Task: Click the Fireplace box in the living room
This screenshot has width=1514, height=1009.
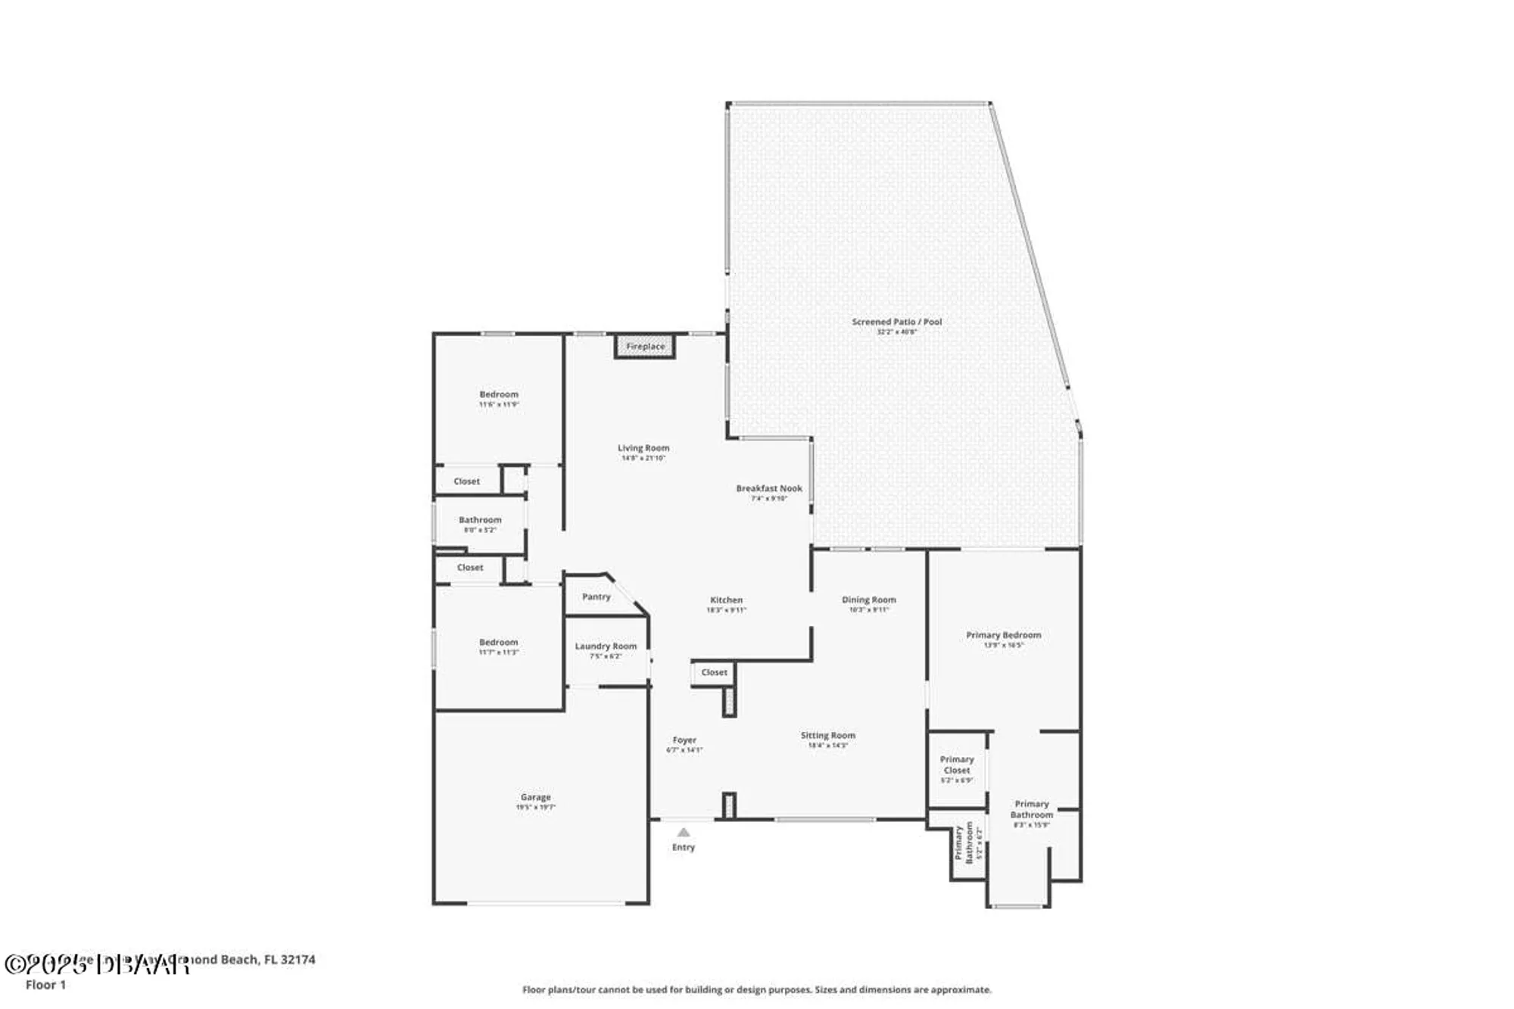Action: (645, 347)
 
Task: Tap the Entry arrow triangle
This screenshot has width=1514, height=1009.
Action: (684, 832)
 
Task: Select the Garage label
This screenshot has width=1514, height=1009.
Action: (535, 797)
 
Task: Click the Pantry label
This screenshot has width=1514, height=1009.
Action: (596, 596)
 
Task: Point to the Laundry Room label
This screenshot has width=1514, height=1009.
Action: (606, 646)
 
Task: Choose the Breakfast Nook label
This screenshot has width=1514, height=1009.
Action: (769, 488)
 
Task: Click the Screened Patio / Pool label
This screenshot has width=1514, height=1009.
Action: (896, 322)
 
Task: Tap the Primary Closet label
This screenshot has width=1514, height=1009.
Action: (957, 765)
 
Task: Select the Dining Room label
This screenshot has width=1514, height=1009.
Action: (868, 599)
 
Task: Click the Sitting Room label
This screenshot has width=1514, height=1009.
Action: (827, 735)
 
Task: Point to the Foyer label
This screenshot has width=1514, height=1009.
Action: (684, 740)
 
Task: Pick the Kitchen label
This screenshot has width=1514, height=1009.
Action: (726, 599)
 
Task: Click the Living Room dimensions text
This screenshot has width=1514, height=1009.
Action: (643, 458)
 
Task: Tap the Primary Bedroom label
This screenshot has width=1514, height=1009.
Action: (1003, 635)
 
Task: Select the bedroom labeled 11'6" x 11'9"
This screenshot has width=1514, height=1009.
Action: (499, 394)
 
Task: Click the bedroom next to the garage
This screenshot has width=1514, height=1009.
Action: (498, 642)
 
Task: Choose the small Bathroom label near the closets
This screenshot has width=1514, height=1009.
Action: (480, 520)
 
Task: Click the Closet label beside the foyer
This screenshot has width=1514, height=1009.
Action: (714, 672)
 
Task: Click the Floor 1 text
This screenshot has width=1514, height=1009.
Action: (46, 985)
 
